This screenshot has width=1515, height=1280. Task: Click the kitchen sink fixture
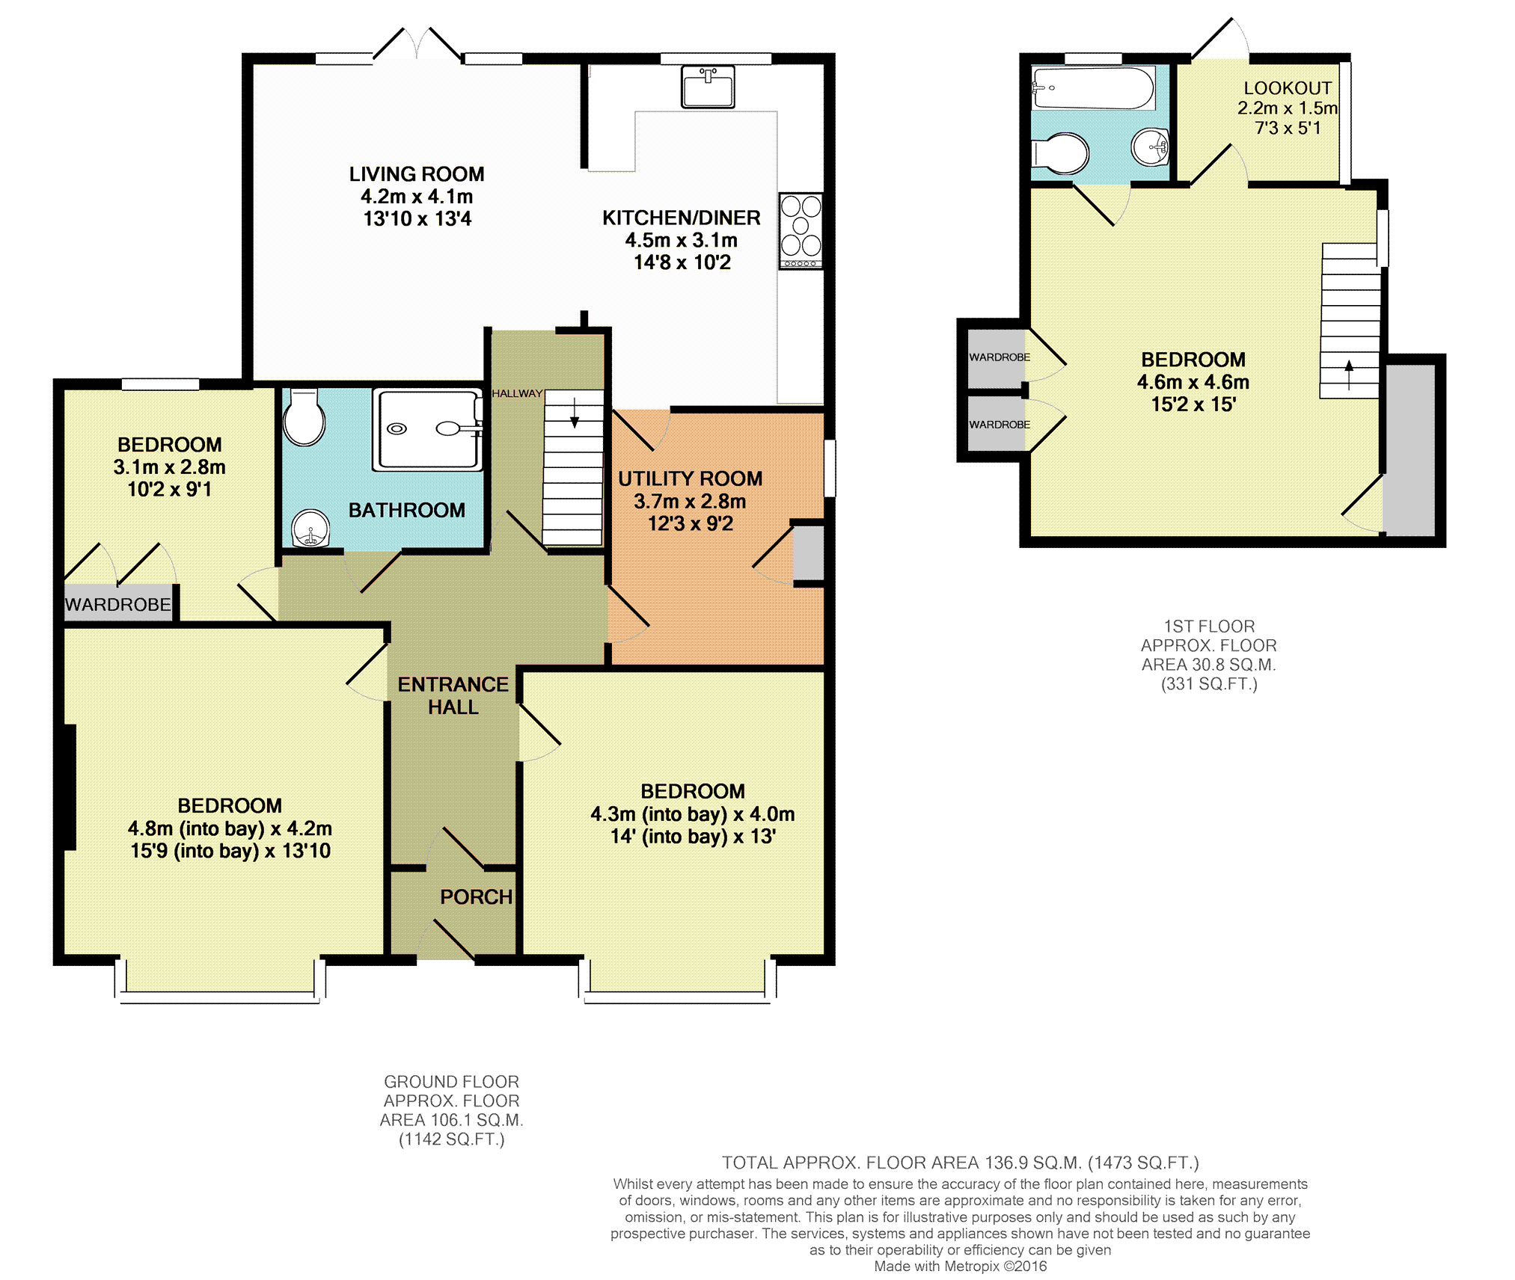(707, 87)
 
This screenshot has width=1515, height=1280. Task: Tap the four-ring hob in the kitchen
(801, 230)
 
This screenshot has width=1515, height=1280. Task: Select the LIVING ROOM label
(417, 174)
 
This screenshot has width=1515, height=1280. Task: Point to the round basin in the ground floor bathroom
(310, 529)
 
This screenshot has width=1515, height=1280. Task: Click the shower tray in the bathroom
(427, 430)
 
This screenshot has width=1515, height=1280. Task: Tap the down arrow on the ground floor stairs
(575, 413)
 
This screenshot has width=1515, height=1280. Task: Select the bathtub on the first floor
(1092, 88)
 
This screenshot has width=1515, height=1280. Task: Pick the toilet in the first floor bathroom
(1060, 153)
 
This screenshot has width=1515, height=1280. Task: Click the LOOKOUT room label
(1288, 88)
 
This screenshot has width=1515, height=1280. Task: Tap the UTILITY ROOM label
(690, 479)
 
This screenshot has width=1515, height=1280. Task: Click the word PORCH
(477, 896)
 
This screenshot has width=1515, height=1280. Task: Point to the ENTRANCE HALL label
(453, 695)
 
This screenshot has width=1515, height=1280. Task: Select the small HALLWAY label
(517, 393)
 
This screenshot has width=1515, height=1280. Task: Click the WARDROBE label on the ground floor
(118, 604)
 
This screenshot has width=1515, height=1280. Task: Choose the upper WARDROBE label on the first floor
(1000, 357)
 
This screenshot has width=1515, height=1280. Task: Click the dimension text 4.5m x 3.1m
(682, 240)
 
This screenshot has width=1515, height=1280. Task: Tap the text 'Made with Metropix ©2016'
(961, 1266)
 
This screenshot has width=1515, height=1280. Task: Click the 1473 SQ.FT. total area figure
(1143, 1163)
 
